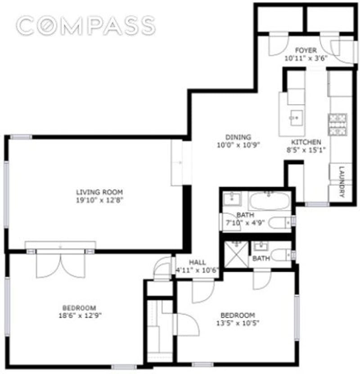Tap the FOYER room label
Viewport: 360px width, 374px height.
(306, 50)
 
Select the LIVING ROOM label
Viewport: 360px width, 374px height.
(99, 192)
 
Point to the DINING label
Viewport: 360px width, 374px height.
(238, 137)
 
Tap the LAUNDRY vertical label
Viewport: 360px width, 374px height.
(342, 183)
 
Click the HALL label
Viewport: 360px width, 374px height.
(197, 263)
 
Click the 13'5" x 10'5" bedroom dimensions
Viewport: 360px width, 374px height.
(237, 323)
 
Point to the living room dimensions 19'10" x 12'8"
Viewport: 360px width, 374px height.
(99, 200)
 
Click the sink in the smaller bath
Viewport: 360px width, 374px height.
(260, 246)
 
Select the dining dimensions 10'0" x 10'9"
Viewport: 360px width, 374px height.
(238, 145)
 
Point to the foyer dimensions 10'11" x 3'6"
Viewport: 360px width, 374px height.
(306, 58)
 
